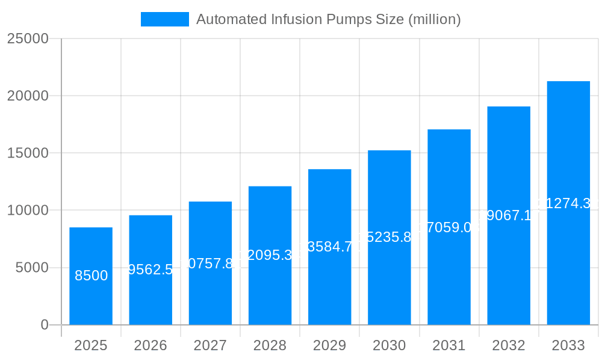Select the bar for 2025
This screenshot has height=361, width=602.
click(91, 276)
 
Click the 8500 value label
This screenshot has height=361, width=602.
click(91, 276)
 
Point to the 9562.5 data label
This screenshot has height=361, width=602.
click(150, 270)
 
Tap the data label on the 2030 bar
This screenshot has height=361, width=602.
click(389, 237)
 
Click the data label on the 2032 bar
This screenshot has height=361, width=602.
click(509, 215)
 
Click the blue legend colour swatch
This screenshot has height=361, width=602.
click(164, 19)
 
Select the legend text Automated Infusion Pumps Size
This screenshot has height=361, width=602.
click(329, 19)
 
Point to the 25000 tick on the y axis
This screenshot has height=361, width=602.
click(27, 39)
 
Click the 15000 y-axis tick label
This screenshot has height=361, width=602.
click(27, 153)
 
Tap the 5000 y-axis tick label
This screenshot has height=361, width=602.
click(31, 268)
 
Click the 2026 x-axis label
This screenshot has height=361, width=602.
click(150, 345)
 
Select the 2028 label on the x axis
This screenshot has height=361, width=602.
click(270, 345)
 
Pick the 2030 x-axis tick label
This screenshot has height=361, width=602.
click(389, 345)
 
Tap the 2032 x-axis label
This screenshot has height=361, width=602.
click(509, 345)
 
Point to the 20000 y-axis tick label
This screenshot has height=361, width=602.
click(27, 96)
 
